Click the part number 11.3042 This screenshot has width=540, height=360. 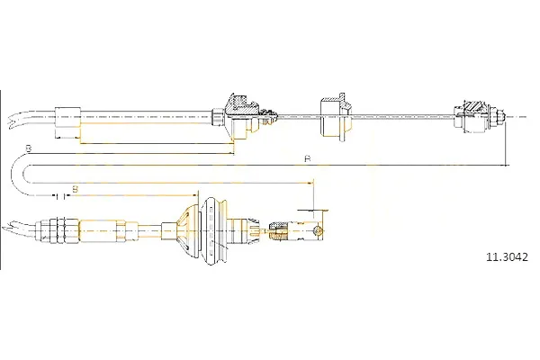506,257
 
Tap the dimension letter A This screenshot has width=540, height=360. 308,158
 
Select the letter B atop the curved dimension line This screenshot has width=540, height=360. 29,148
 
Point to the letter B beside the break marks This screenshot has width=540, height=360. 75,189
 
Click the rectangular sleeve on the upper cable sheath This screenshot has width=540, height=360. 67,118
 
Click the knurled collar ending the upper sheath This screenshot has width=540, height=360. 217,117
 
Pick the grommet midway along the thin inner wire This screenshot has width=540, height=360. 335,117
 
